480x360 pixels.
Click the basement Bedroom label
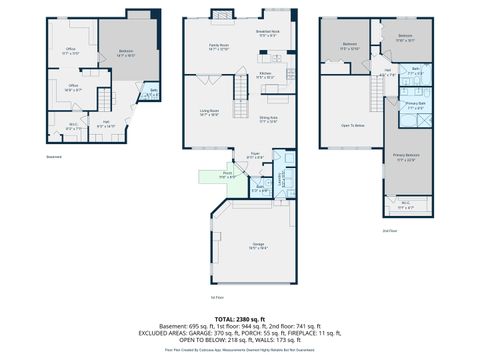point(126,52)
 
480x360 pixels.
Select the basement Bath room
point(153,95)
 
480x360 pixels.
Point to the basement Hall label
point(107,125)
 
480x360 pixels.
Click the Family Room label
point(218,47)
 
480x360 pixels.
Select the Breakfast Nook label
point(267,34)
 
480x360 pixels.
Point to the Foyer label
point(256,156)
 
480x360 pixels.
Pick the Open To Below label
point(352,125)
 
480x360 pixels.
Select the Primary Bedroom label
point(406,158)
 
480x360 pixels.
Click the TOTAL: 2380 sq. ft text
point(239,318)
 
